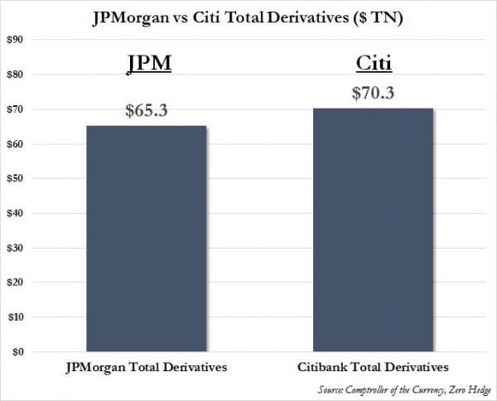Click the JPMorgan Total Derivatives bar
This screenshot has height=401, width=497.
coord(146,239)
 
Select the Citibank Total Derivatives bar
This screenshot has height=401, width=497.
coord(372,229)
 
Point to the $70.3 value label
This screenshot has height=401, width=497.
coord(372,93)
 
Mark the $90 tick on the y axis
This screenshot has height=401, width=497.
coord(17,40)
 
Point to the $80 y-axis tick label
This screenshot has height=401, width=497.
coord(17,75)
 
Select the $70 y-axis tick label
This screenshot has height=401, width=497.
coord(17,109)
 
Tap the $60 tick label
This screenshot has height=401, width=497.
coord(17,144)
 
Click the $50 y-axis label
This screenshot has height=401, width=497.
coord(17,178)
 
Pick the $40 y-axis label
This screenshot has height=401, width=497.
coord(17,213)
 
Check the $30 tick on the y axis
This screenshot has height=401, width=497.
coord(17,248)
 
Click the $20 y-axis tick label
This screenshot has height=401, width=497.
coord(17,283)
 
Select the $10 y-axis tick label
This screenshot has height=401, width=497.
coord(17,317)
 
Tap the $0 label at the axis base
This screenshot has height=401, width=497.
coord(19,352)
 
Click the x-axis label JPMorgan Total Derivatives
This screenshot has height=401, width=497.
coord(146,366)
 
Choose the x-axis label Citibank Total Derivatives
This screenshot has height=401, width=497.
coord(372,366)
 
